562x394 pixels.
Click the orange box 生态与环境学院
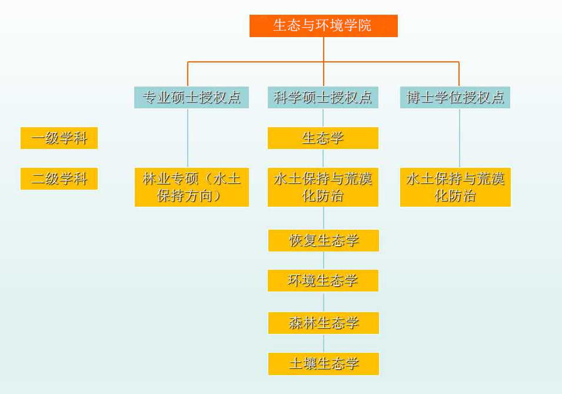(x=323, y=26)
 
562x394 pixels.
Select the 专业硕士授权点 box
(x=191, y=98)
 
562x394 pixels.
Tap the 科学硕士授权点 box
(x=323, y=98)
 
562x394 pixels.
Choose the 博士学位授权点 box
(x=455, y=98)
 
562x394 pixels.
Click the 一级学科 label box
(x=59, y=138)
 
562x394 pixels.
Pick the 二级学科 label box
(x=59, y=178)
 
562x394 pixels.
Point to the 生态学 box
(x=323, y=138)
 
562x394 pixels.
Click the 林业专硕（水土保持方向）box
(x=191, y=187)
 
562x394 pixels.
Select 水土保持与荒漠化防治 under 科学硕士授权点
(x=323, y=187)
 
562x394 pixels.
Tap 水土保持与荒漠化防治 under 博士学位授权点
(x=455, y=187)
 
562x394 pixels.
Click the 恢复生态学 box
(x=323, y=240)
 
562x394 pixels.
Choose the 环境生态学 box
(x=323, y=280)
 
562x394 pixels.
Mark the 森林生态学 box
(x=323, y=323)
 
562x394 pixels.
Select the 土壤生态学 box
(x=323, y=363)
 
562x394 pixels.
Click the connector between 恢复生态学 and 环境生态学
(x=323, y=260)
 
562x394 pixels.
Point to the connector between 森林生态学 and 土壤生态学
(x=323, y=343)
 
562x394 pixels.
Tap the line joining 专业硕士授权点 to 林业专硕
(x=188, y=138)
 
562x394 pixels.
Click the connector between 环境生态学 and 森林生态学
(x=323, y=302)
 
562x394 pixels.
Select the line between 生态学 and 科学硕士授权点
(x=323, y=118)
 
